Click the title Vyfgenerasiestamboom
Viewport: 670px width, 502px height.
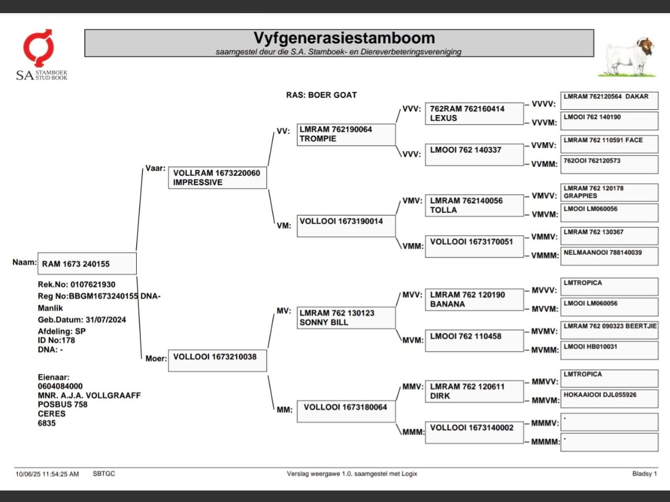pyautogui.click(x=344, y=38)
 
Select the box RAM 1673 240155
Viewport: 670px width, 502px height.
pyautogui.click(x=87, y=264)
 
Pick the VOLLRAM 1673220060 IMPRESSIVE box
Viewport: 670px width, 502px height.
pyautogui.click(x=217, y=178)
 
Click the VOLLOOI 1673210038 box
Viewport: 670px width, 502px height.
pyautogui.click(x=217, y=360)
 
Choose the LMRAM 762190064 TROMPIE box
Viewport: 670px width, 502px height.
pyautogui.click(x=345, y=134)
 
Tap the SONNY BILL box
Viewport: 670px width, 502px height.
pyautogui.click(x=345, y=318)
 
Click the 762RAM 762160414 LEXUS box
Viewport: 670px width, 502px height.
pyautogui.click(x=474, y=113)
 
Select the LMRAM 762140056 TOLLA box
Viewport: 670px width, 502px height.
pyautogui.click(x=474, y=206)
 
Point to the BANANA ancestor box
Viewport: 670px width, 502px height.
pyautogui.click(x=474, y=300)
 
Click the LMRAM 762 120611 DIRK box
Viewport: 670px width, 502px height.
pyautogui.click(x=474, y=392)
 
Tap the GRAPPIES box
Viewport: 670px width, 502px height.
pyautogui.click(x=609, y=192)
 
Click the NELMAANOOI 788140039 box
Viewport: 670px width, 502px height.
pyautogui.click(x=609, y=256)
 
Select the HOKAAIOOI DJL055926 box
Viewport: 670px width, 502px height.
pyautogui.click(x=609, y=398)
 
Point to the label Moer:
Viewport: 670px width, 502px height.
pyautogui.click(x=156, y=359)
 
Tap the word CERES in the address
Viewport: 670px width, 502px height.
pyautogui.click(x=52, y=414)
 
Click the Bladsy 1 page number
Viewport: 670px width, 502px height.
pyautogui.click(x=644, y=474)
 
